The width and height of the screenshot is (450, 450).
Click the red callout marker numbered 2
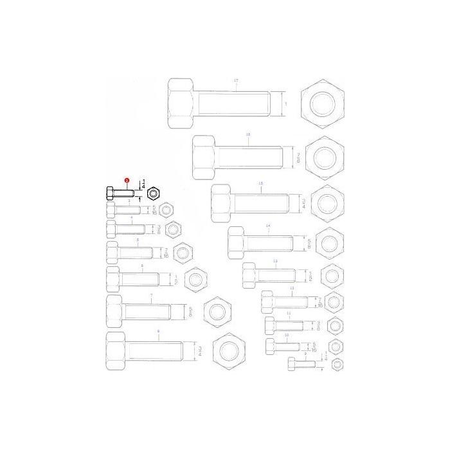tap(127, 182)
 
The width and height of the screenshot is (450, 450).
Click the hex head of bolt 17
tap(181, 103)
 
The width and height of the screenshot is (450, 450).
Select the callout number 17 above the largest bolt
tap(236, 80)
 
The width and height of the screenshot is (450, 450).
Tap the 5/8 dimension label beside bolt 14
tap(310, 244)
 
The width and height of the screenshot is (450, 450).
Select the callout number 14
tap(268, 226)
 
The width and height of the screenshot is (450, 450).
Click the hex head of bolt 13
tap(250, 276)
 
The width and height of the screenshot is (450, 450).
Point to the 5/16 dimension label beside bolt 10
tap(314, 348)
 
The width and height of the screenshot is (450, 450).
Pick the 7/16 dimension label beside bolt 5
tap(166, 253)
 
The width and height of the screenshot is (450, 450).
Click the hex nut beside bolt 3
tap(166, 210)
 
